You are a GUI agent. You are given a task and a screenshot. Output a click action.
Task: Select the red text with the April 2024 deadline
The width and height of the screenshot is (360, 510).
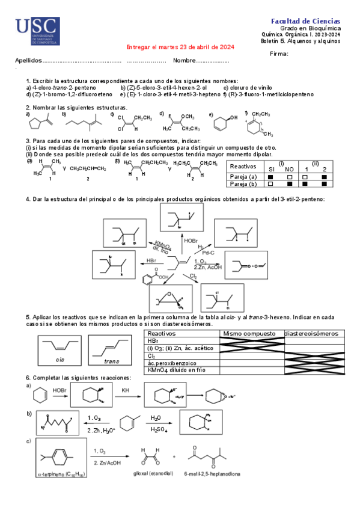179,48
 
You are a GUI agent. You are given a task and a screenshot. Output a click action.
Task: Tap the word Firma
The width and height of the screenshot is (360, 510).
279,54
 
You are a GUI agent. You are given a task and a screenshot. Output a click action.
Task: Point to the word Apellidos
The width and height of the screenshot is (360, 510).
28,61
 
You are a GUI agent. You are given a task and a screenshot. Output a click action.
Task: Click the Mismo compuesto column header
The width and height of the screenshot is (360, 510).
251,333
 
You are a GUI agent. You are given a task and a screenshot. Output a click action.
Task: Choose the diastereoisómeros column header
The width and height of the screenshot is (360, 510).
312,333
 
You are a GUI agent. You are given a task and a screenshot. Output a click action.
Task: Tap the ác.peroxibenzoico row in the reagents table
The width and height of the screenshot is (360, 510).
172,364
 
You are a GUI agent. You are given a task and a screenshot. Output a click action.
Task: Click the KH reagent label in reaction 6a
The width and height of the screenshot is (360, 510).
126,390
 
